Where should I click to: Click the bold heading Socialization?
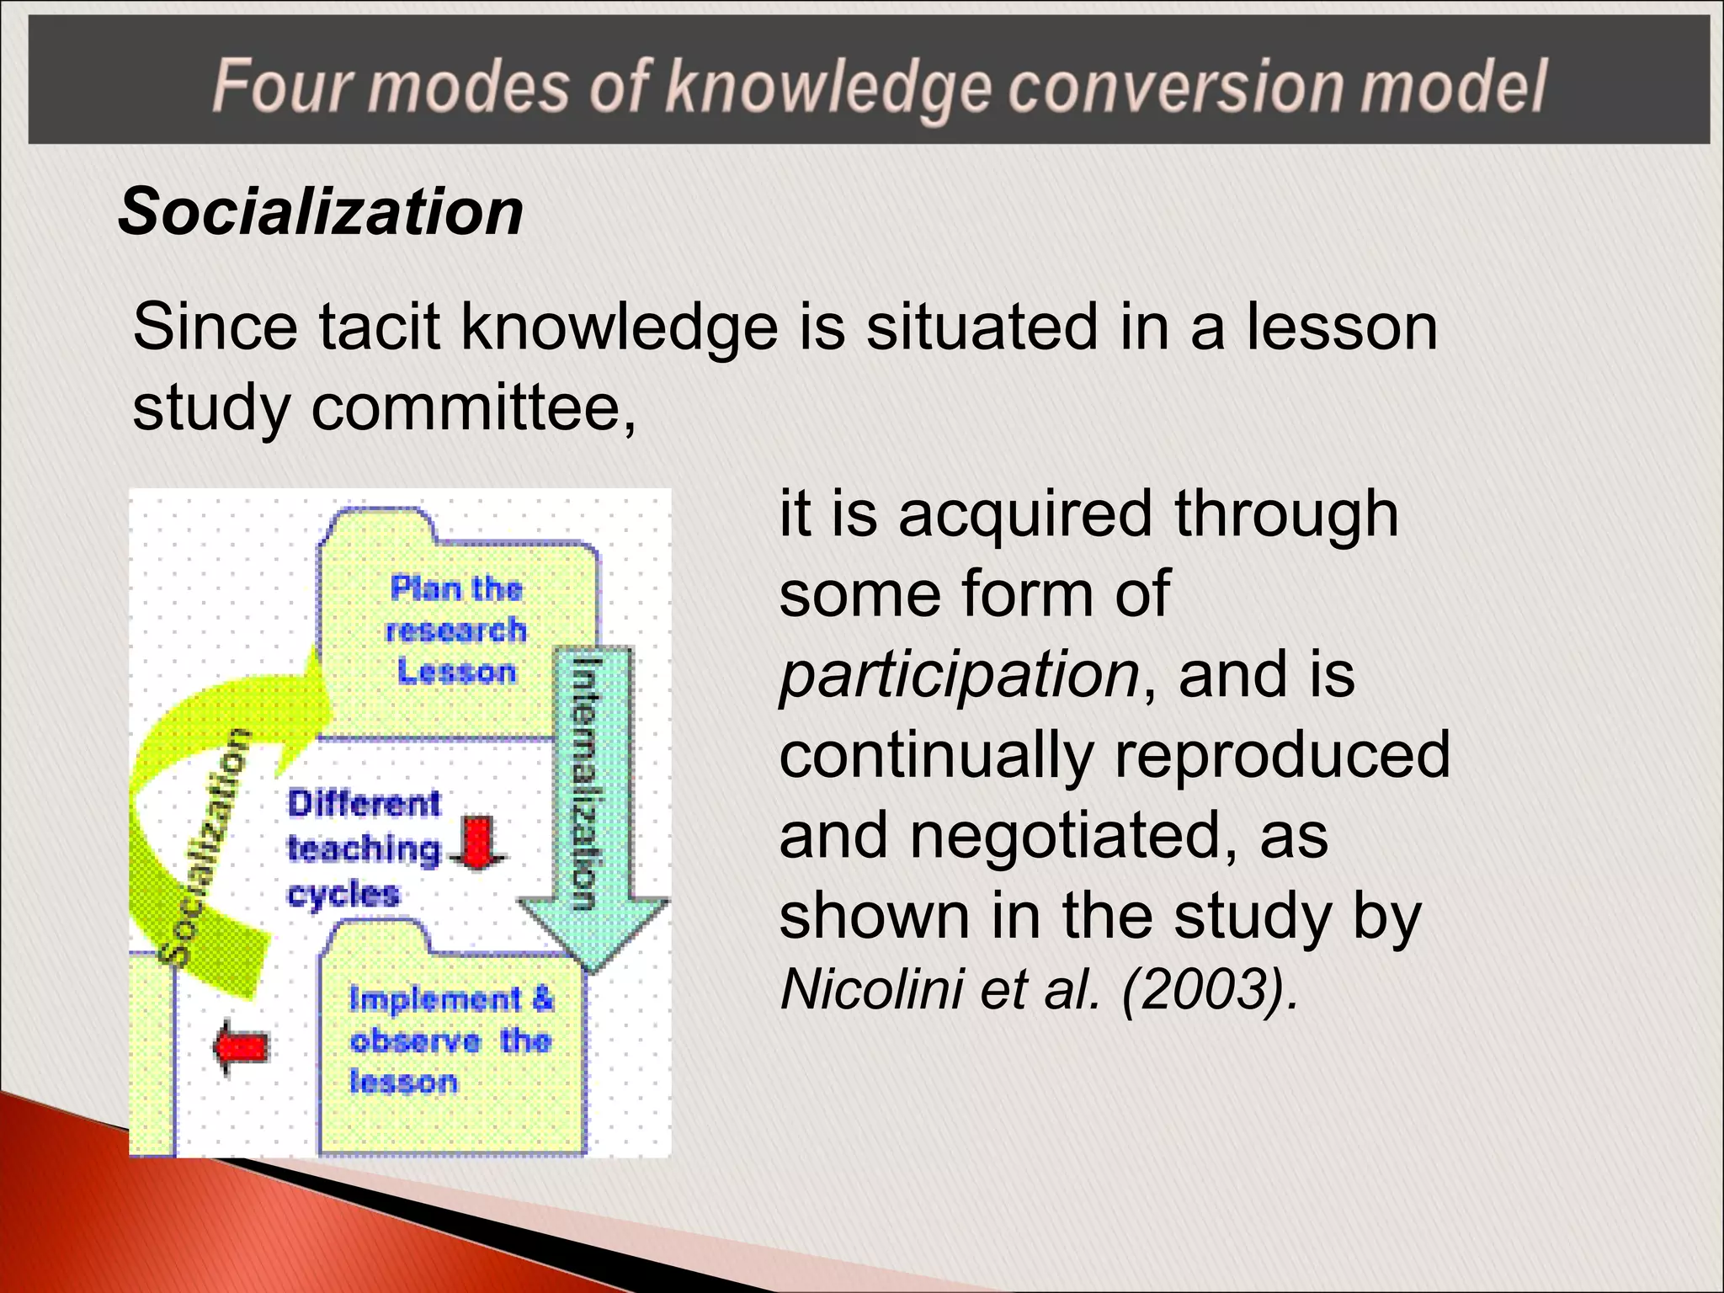[320, 211]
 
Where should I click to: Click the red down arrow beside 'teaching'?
[478, 843]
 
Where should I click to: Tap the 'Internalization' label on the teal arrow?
[587, 783]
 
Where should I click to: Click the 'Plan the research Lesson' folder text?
[456, 630]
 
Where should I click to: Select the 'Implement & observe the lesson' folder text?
[450, 1040]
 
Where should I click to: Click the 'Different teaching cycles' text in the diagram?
[364, 849]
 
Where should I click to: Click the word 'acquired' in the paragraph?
[1024, 513]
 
